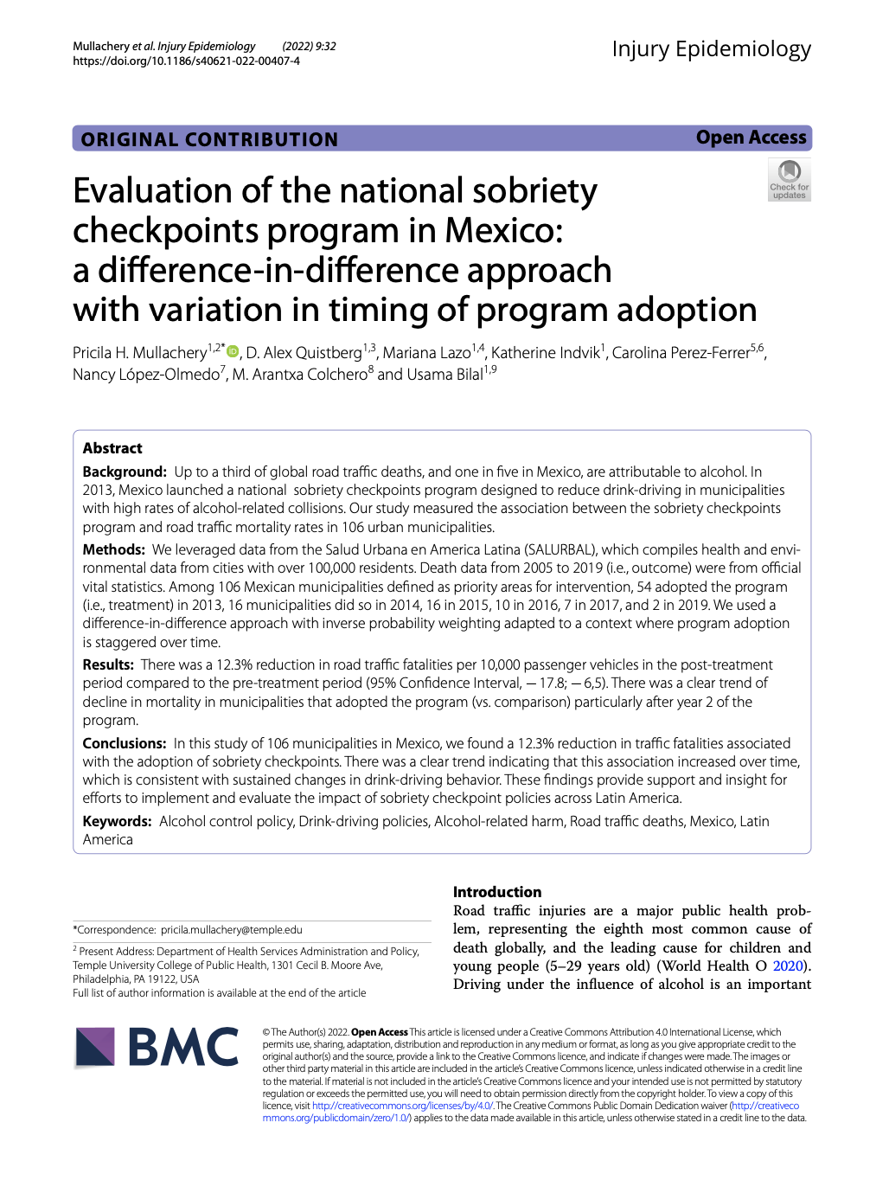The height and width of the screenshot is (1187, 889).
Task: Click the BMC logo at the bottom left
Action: tap(157, 1047)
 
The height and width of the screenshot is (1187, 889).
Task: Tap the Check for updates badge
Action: tap(789, 181)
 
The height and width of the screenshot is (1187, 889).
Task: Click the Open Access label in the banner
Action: tap(751, 138)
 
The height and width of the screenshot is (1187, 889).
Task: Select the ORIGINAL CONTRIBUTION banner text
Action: tap(209, 139)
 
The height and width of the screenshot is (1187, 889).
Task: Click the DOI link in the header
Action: tap(186, 61)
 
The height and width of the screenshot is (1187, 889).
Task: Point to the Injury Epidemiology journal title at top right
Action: tap(711, 49)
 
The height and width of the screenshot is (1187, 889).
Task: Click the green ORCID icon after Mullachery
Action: tap(233, 351)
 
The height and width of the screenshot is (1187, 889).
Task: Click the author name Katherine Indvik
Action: tap(545, 353)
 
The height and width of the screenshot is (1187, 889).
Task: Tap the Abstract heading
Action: tap(112, 448)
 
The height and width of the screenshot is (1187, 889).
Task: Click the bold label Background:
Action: tap(125, 472)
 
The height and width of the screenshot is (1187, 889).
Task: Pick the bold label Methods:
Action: tap(114, 549)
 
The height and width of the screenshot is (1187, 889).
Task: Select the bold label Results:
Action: tap(108, 664)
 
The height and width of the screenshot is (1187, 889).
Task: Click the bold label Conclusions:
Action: tap(125, 743)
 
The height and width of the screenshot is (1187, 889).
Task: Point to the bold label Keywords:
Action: tap(117, 821)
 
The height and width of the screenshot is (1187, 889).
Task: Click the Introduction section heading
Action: tap(497, 892)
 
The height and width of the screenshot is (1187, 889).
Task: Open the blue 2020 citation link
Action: tap(788, 966)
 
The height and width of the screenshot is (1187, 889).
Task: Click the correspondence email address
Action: tap(231, 930)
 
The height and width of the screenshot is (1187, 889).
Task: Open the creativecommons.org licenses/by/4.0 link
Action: tap(402, 1106)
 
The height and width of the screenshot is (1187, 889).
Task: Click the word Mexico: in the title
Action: tap(503, 231)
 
